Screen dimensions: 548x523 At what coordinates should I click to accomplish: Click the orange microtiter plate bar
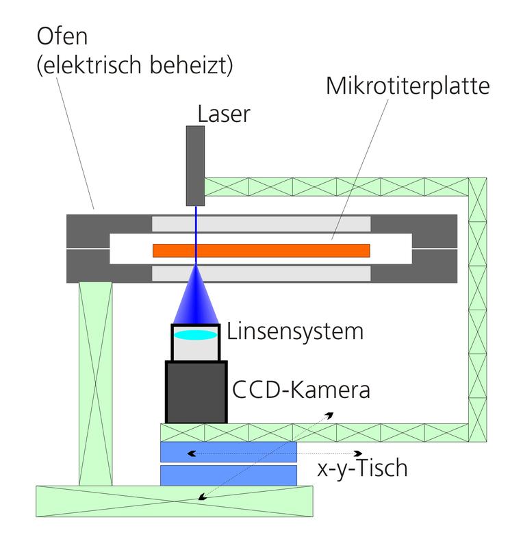261,251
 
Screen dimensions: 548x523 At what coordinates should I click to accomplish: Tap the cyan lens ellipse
195,336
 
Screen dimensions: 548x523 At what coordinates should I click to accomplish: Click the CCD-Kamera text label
301,390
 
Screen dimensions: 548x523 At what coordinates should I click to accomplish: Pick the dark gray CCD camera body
196,392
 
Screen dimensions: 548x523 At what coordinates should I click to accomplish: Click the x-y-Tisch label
363,469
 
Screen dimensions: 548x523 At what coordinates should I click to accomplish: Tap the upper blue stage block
228,452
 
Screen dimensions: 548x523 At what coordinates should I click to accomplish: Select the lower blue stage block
228,475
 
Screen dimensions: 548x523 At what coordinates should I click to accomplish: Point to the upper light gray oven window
261,223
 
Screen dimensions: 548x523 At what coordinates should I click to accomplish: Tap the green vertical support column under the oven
95,384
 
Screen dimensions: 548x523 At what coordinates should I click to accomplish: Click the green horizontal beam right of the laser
335,186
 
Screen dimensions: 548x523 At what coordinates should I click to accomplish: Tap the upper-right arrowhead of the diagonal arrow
331,414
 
